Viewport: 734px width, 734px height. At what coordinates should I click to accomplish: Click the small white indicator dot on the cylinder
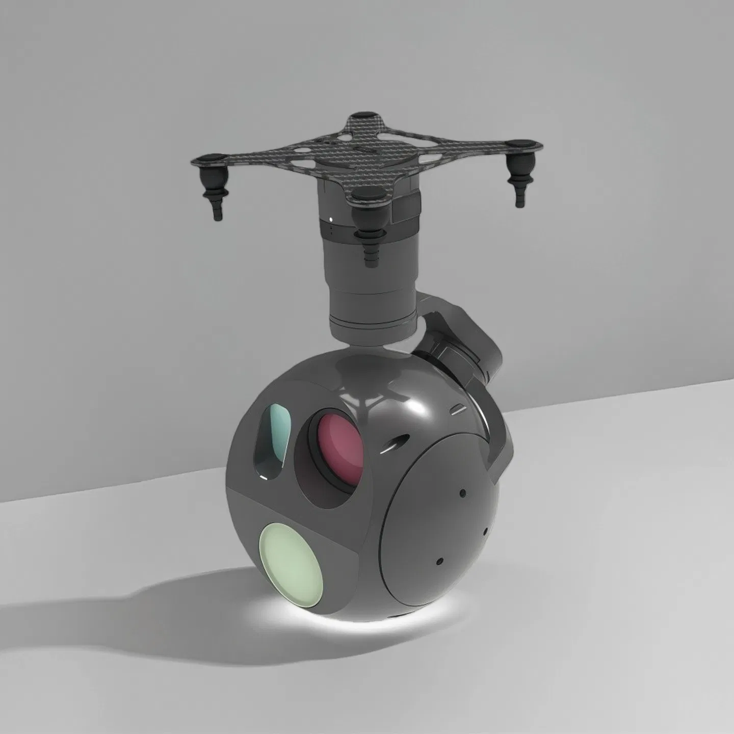coord(332,220)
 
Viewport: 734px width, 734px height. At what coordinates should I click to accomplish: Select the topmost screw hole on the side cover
coord(462,493)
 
